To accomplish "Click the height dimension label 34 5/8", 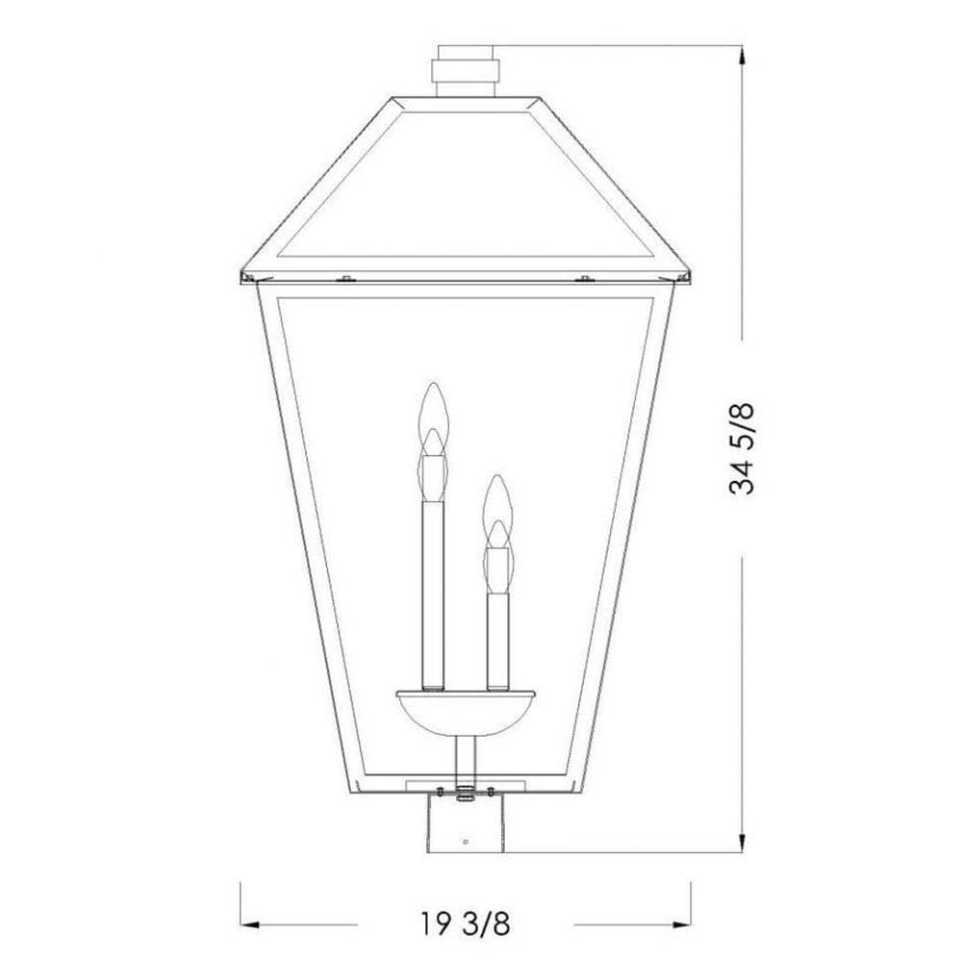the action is coord(741,448).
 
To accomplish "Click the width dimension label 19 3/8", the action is coord(466,924).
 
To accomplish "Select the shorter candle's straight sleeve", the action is coord(498,641).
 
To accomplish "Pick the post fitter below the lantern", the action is coord(466,823).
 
